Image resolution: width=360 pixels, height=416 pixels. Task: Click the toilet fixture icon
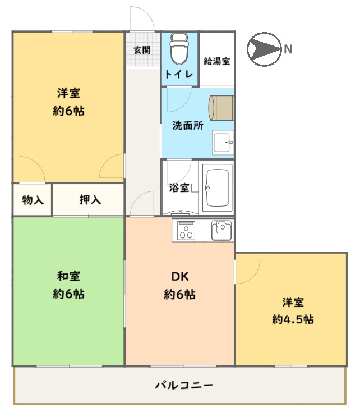point(179,48)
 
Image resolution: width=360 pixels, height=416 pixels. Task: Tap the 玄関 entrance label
point(142,50)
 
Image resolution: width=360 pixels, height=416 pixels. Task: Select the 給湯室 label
point(216,61)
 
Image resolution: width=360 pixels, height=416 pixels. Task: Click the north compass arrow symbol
point(264,49)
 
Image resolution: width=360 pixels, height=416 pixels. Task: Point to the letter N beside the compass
point(288,49)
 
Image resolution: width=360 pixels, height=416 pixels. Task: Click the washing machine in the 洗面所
point(221,108)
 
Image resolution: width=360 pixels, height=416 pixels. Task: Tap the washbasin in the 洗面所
point(223,143)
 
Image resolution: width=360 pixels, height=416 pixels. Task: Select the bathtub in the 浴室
point(217,188)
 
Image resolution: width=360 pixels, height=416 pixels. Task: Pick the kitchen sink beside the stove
point(221,230)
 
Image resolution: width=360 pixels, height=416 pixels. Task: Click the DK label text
point(180,277)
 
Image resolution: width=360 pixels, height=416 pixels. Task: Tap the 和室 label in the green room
point(68,276)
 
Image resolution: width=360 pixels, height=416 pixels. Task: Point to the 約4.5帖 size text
point(293,319)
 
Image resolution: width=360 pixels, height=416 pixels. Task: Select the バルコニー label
point(184,385)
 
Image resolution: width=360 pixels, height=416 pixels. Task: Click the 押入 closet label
point(90,199)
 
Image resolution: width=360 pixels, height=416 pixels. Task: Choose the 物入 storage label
point(33,200)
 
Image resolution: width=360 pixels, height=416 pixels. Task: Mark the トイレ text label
point(179,74)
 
